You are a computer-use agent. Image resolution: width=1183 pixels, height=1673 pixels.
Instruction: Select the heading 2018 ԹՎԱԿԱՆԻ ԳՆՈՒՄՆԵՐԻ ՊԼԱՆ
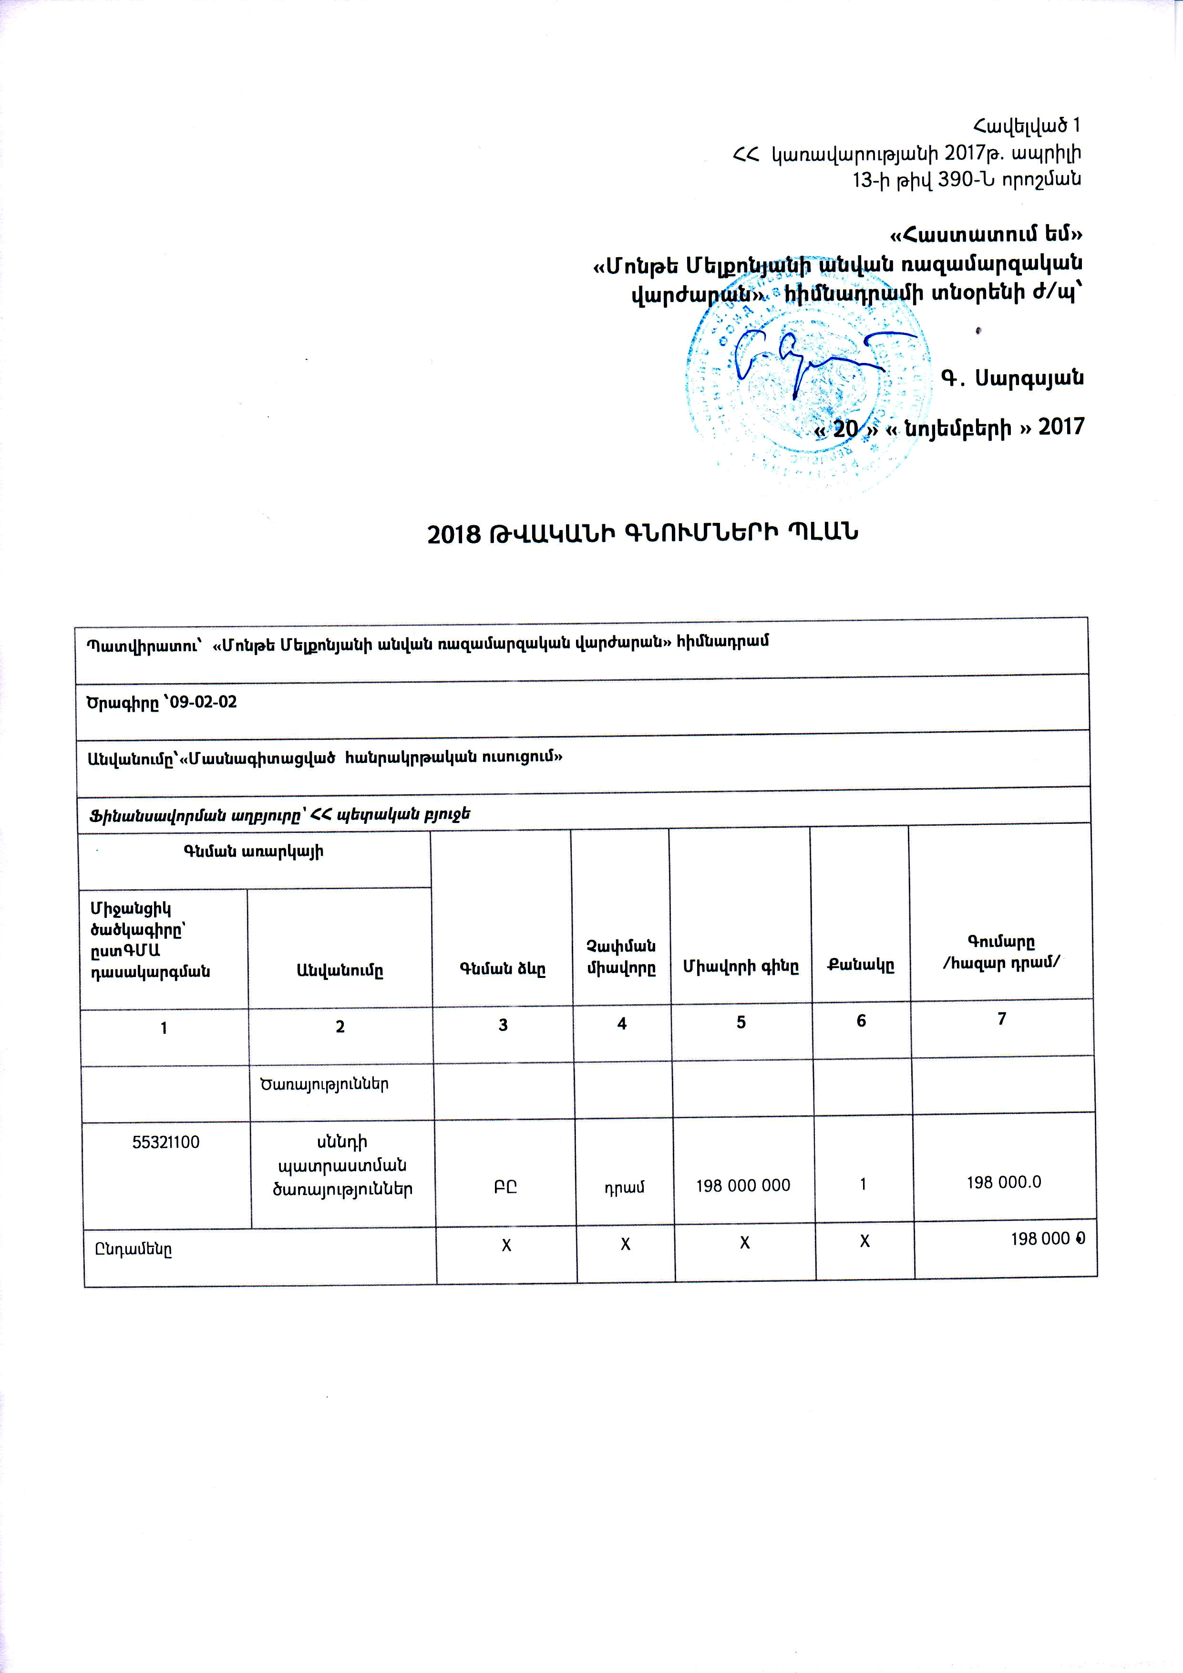tap(642, 533)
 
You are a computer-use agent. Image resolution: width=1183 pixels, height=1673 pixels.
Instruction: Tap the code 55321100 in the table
tap(166, 1142)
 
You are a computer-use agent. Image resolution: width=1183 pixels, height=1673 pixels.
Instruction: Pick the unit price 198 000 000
tap(742, 1185)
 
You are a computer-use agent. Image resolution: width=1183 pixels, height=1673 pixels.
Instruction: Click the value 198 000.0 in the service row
tap(1003, 1182)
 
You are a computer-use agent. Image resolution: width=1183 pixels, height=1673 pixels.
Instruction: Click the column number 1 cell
tap(165, 1028)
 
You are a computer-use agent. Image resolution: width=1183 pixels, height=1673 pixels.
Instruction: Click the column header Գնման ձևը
tap(502, 968)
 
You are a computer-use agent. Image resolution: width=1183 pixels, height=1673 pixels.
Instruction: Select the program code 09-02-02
tap(203, 702)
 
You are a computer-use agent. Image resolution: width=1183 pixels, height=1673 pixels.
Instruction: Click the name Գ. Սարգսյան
tap(1012, 378)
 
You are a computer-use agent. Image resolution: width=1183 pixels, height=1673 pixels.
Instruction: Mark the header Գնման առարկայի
tap(254, 851)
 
